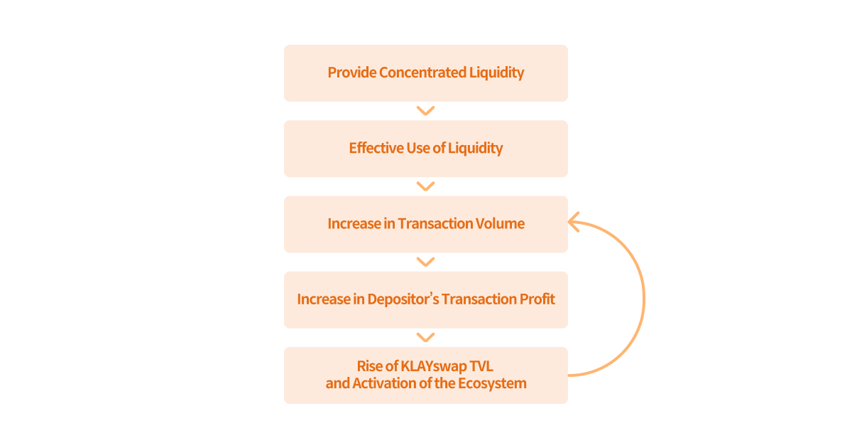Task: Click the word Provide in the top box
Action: click(x=351, y=73)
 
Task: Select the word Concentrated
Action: click(x=422, y=73)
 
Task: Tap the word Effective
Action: click(x=376, y=148)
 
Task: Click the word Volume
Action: click(x=499, y=223)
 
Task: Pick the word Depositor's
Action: click(x=403, y=299)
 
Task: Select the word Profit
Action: click(x=537, y=299)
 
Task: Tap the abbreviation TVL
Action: click(x=481, y=366)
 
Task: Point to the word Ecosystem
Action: click(x=492, y=383)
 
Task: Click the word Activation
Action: click(x=384, y=383)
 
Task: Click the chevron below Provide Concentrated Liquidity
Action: click(x=425, y=111)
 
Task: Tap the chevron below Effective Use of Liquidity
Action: click(x=425, y=186)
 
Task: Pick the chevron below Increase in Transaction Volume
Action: click(x=425, y=262)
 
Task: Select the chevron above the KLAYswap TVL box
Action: click(x=425, y=338)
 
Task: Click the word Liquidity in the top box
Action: click(x=497, y=73)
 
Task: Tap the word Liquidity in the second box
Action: click(x=476, y=148)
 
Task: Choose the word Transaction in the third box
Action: click(x=434, y=223)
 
